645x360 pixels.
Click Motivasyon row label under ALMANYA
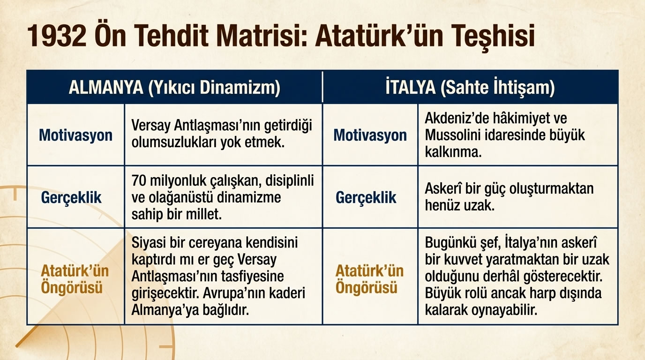[x=75, y=135]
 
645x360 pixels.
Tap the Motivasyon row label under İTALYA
[x=370, y=135]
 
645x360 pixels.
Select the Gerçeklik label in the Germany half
[x=71, y=197]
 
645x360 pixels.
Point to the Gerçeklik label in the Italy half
[x=366, y=197]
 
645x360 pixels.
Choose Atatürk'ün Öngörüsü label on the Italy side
[x=369, y=279]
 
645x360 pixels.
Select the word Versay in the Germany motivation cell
[x=150, y=126]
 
